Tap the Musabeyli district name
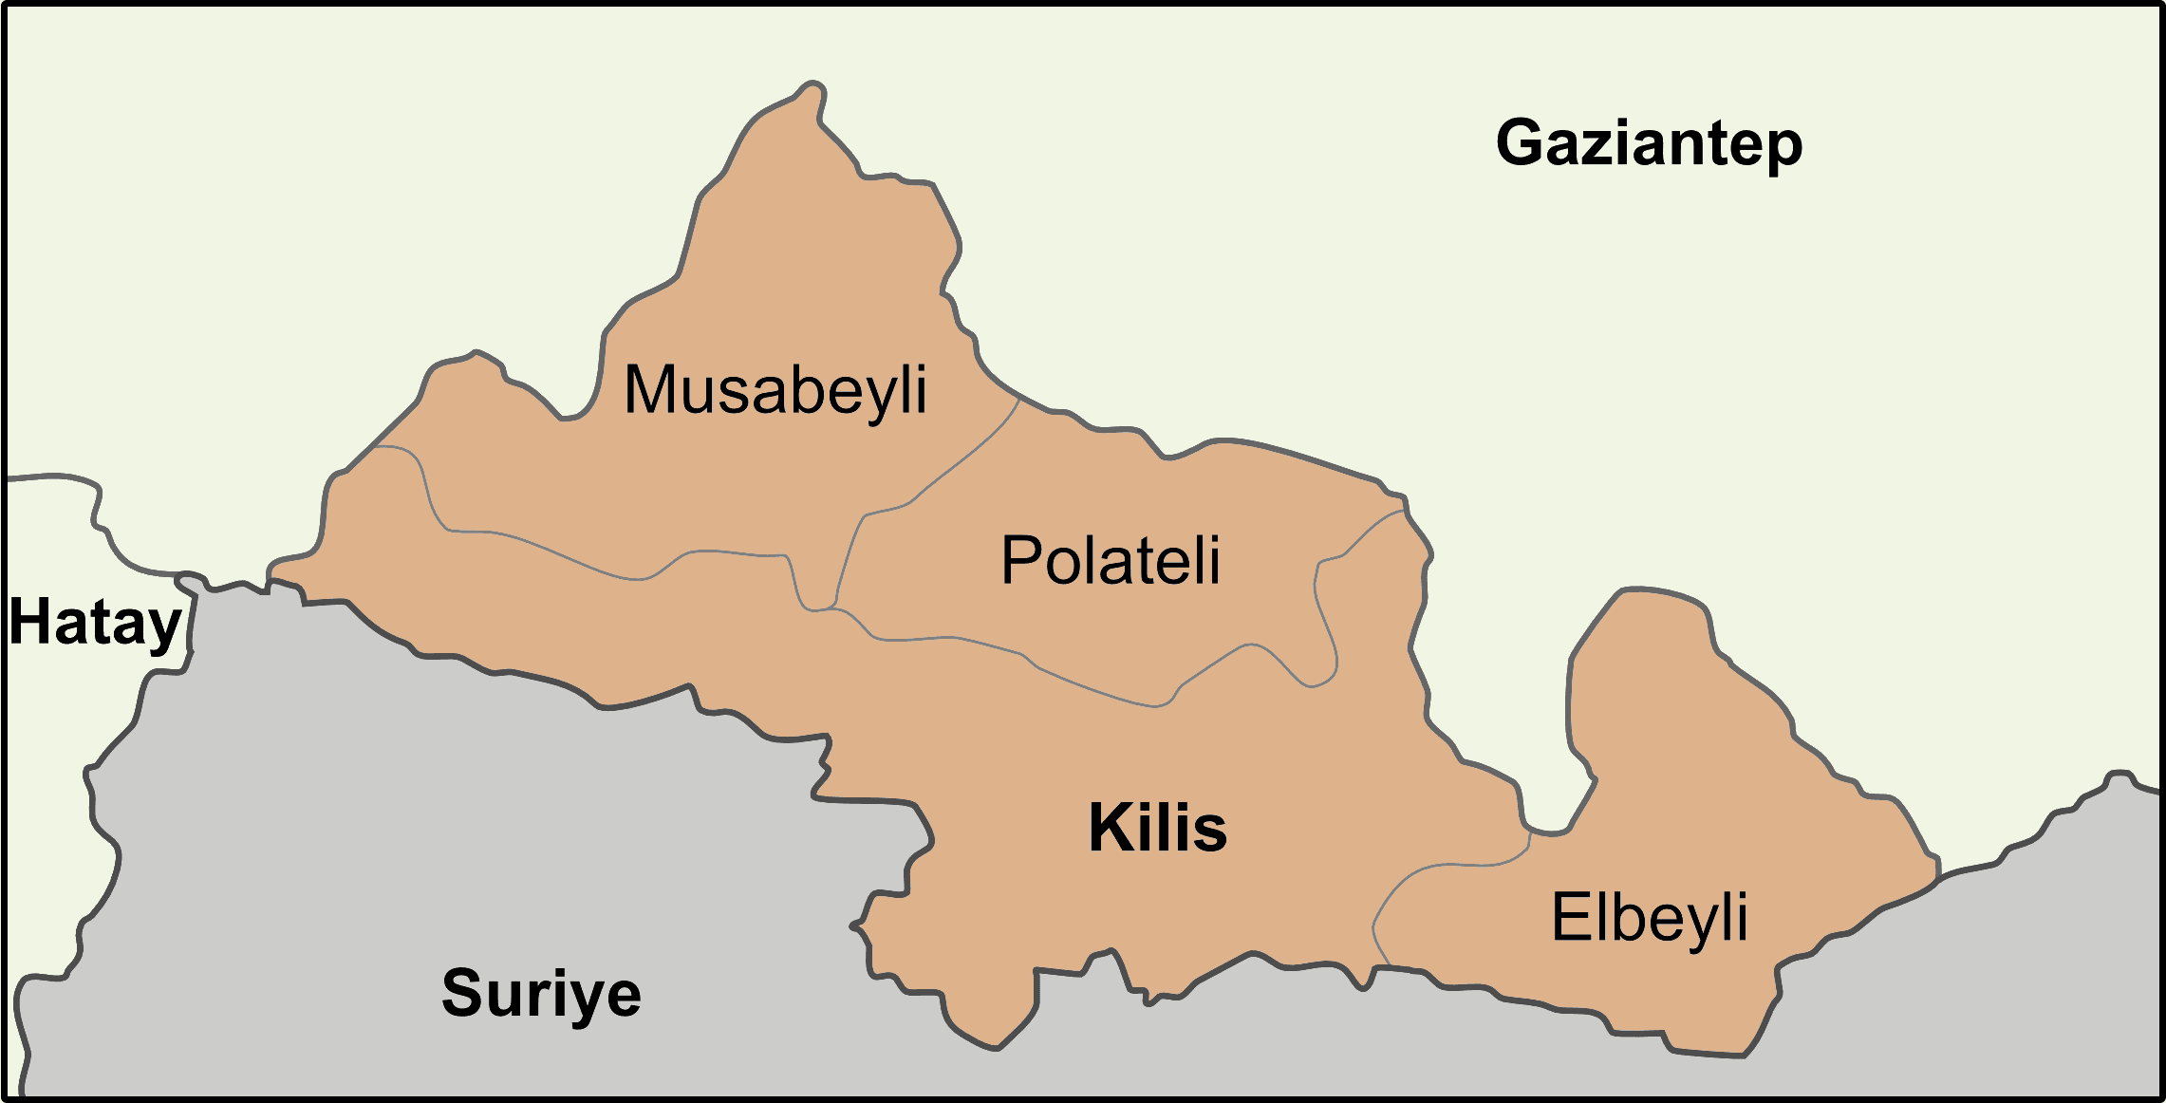pos(775,390)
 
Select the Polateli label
pos(1111,560)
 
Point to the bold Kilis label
pos(1157,828)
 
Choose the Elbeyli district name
pos(1649,917)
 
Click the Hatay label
pos(95,624)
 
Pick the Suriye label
pos(541,993)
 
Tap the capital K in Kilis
pos(1109,828)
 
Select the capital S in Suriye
pos(462,993)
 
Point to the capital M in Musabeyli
pos(649,389)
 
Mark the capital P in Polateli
pos(1020,560)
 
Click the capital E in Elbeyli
pos(1568,917)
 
